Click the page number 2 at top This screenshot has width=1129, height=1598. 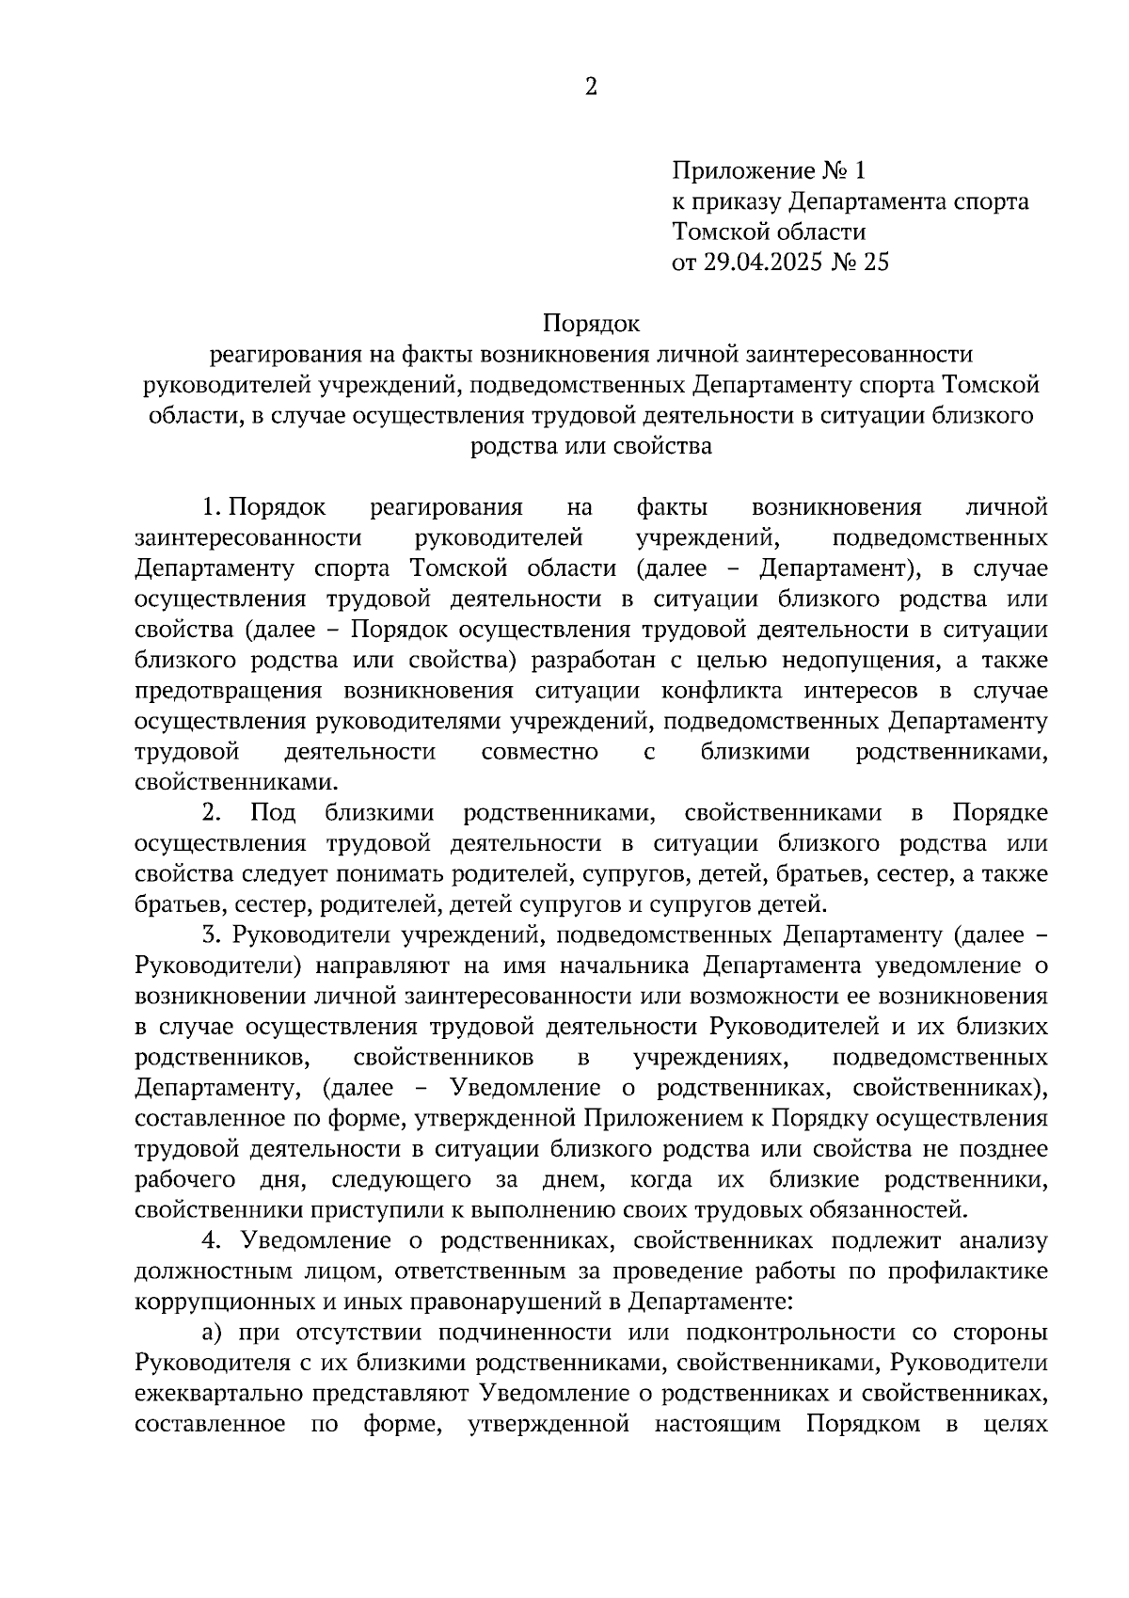pos(591,88)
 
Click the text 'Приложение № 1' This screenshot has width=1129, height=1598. pos(767,170)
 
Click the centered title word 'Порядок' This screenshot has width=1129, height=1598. pos(591,324)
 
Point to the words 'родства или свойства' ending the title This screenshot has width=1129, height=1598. pos(591,445)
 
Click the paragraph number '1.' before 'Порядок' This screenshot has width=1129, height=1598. pos(211,508)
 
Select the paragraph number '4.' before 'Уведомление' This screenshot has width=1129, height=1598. pos(211,1241)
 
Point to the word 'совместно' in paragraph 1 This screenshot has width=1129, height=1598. pos(539,751)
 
